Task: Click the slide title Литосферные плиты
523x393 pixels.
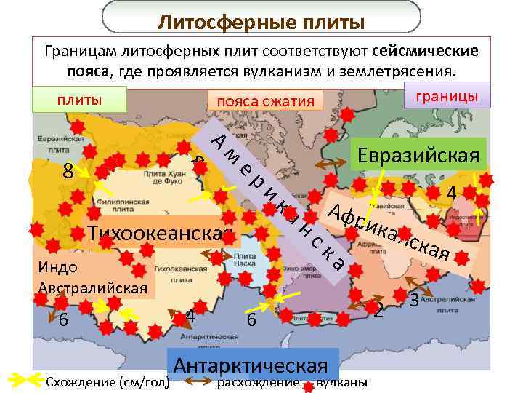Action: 261,23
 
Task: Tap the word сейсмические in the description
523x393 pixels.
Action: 425,52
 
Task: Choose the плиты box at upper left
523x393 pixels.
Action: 80,100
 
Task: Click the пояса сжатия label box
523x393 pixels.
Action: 264,101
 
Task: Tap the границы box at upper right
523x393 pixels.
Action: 447,96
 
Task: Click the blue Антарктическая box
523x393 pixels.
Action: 251,365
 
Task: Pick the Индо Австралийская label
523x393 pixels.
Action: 93,277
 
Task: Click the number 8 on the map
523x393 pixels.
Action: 68,172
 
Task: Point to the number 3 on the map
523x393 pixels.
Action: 414,299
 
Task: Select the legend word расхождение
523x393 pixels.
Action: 259,383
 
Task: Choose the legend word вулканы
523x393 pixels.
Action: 342,383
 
